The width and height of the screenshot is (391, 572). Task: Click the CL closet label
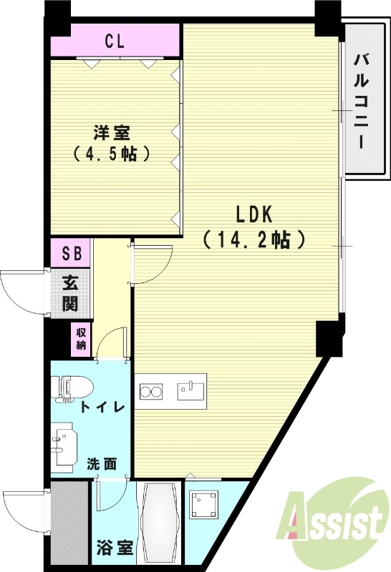click(114, 41)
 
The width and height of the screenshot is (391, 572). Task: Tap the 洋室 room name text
click(111, 132)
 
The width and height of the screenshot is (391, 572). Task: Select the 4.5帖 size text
click(111, 154)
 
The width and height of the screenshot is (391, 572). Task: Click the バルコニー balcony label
click(362, 99)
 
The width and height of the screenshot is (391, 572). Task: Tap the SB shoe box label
click(71, 252)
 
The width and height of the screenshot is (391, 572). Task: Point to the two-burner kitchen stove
click(151, 391)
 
